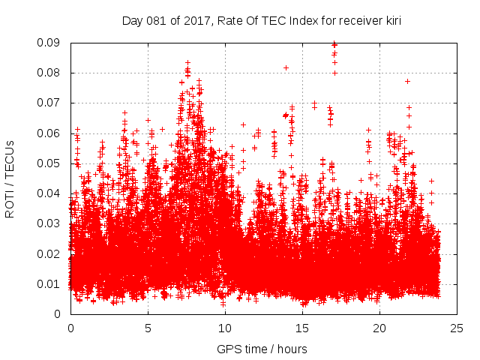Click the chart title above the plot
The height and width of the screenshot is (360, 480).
tap(262, 21)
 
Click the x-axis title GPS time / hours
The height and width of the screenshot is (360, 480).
tap(262, 349)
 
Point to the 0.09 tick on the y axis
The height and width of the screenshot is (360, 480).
tap(50, 43)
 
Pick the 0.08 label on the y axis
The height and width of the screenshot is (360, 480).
tap(50, 73)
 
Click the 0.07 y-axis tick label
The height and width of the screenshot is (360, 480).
tap(50, 103)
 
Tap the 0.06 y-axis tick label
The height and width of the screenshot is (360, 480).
tap(50, 133)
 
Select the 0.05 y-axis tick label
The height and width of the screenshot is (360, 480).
tap(50, 163)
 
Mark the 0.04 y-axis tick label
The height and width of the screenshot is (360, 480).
tap(50, 193)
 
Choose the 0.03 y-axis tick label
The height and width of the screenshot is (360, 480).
tap(50, 223)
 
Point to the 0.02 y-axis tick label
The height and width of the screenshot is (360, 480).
tap(50, 253)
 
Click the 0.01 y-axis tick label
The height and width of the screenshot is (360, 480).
tap(50, 283)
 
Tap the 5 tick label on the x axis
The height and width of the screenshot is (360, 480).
tap(148, 328)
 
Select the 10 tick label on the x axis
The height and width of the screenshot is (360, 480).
tap(225, 328)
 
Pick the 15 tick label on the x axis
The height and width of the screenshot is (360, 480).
tap(302, 328)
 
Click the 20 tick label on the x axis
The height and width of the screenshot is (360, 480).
tap(379, 328)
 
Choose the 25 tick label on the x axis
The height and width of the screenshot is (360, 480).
tap(457, 328)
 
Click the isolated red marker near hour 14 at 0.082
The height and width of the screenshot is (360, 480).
tap(286, 67)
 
